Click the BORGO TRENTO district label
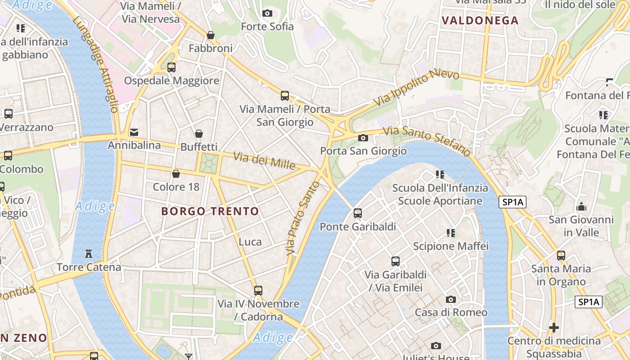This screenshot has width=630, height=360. tap(210, 211)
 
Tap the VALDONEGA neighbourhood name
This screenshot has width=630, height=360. tap(480, 20)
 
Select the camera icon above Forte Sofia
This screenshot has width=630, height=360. tap(267, 13)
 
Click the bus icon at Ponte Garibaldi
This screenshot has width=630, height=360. tap(358, 213)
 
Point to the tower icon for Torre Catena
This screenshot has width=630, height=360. tap(89, 254)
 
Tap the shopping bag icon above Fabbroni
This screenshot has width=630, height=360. tap(210, 35)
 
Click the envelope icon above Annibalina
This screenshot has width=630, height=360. tap(134, 132)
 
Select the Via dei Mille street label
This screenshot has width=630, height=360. tap(264, 161)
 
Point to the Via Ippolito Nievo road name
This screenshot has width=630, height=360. tap(416, 88)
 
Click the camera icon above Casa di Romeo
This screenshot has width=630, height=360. tap(450, 299)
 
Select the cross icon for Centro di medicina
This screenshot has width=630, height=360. tap(554, 327)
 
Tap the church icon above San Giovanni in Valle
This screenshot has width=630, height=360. tap(581, 207)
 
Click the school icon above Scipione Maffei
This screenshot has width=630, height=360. tap(451, 233)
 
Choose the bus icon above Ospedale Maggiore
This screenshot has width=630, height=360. tap(171, 67)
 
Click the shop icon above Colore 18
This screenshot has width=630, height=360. tap(176, 174)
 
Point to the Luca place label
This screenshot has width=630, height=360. tap(250, 242)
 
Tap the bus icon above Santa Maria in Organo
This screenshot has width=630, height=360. tap(561, 256)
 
